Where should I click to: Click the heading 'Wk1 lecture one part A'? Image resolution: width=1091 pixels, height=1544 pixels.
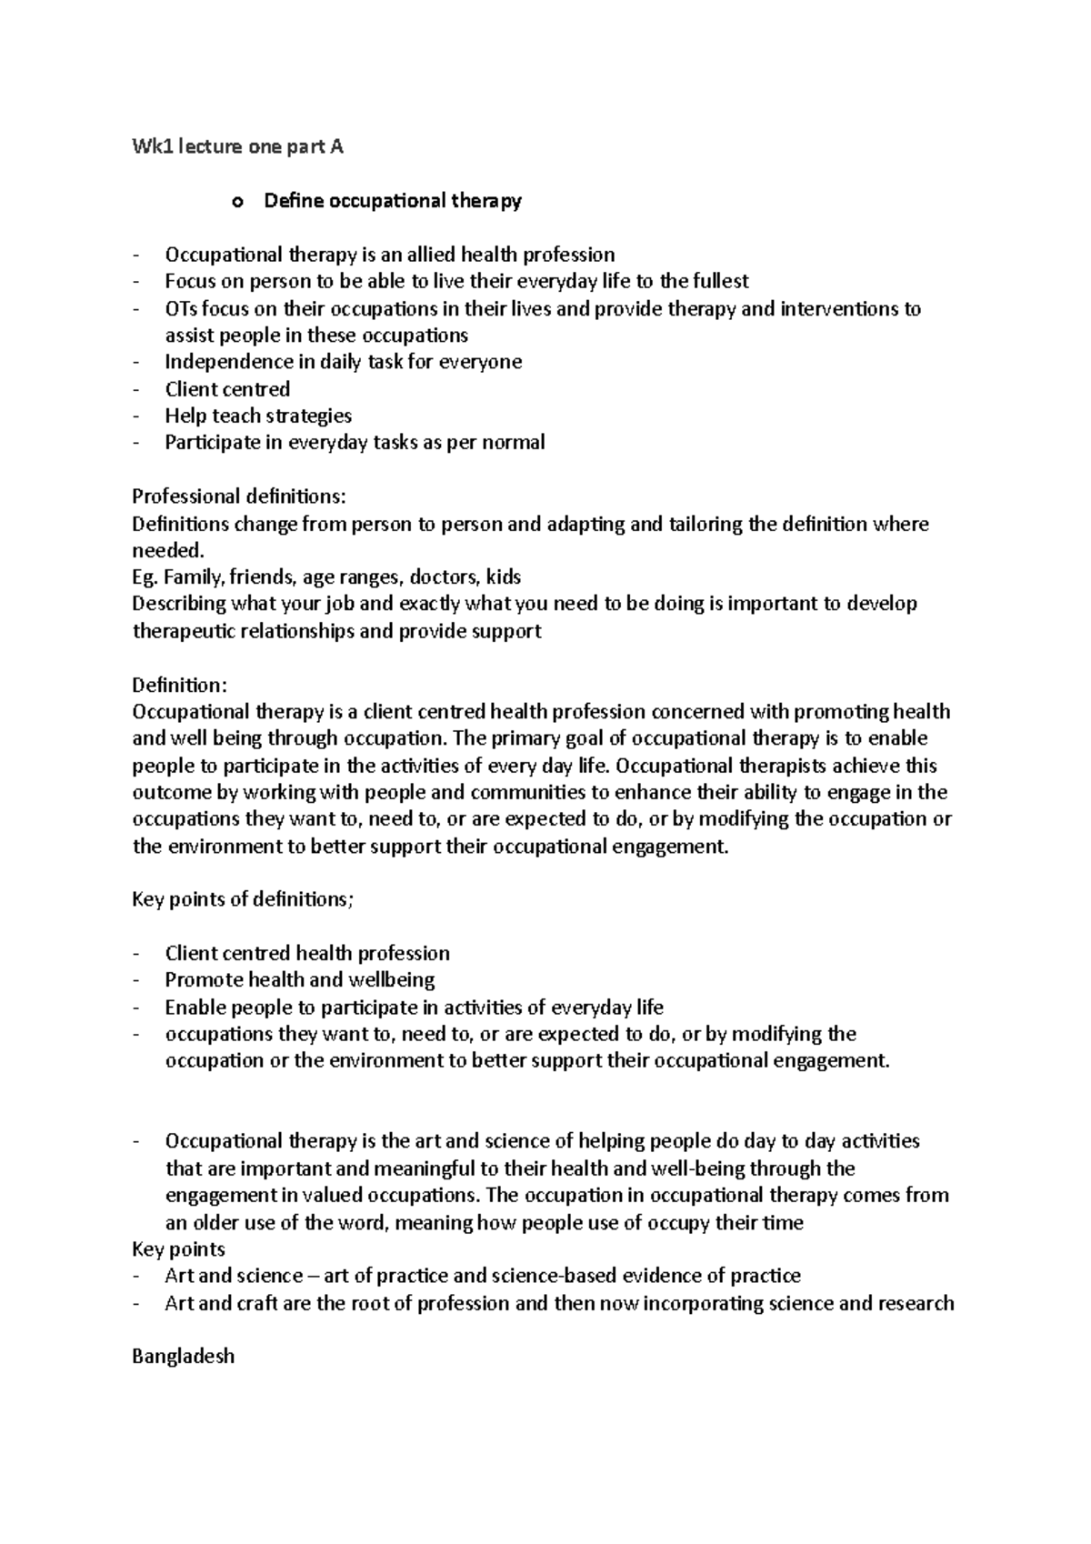pyautogui.click(x=237, y=146)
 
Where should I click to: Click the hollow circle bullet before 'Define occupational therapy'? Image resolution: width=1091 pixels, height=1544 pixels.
pyautogui.click(x=238, y=202)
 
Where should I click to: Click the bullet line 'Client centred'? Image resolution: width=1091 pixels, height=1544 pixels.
pyautogui.click(x=227, y=389)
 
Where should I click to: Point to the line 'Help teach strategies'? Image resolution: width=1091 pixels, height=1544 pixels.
pyautogui.click(x=258, y=416)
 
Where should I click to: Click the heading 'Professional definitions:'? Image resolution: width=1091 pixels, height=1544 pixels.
pyautogui.click(x=239, y=496)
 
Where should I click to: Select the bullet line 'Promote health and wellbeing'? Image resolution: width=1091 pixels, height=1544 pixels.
pyautogui.click(x=300, y=979)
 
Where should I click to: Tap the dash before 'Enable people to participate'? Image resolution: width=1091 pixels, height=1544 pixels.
pyautogui.click(x=136, y=1008)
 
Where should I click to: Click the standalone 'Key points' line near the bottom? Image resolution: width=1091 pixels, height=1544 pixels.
pyautogui.click(x=178, y=1248)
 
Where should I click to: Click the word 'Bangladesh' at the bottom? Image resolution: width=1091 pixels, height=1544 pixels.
pyautogui.click(x=183, y=1356)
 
